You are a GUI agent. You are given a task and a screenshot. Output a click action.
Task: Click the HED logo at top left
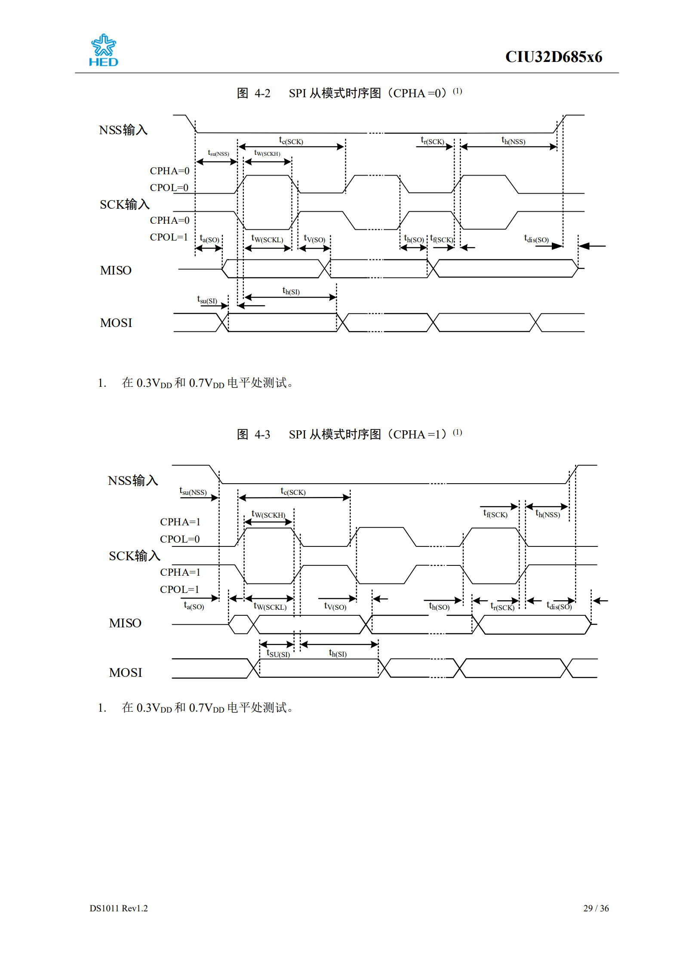click(103, 50)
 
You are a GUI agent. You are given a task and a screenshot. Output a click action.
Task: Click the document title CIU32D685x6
click(553, 57)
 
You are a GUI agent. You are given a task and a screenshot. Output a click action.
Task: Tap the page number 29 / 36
click(596, 908)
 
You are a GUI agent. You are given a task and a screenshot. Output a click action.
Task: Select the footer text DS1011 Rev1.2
click(119, 908)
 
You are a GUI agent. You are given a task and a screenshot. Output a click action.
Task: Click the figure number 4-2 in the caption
click(262, 93)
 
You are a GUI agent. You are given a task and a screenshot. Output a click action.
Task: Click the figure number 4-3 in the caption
click(262, 435)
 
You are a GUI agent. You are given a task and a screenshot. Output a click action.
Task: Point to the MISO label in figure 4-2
click(116, 270)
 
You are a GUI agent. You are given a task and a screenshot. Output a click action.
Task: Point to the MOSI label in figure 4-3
click(125, 673)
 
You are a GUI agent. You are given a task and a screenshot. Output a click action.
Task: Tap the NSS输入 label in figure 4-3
click(133, 480)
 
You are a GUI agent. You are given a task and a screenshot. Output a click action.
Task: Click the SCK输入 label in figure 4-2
click(125, 204)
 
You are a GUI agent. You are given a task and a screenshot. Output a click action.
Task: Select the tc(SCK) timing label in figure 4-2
click(291, 141)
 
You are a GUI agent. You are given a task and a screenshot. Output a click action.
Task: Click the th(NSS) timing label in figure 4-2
click(513, 141)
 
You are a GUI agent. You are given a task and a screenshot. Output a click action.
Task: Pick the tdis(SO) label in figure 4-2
click(536, 239)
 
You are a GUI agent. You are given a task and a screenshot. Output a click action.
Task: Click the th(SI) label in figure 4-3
click(338, 653)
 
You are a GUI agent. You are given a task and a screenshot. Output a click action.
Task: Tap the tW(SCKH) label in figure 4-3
click(268, 514)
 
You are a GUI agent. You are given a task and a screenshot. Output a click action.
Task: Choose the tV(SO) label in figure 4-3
click(335, 606)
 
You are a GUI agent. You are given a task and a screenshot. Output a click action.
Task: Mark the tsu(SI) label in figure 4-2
click(207, 300)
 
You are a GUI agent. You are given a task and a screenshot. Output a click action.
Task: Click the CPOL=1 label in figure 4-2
click(169, 237)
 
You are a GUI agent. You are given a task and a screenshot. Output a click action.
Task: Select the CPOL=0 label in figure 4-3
click(180, 539)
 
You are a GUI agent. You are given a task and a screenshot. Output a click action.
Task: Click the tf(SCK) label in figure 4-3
click(495, 514)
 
